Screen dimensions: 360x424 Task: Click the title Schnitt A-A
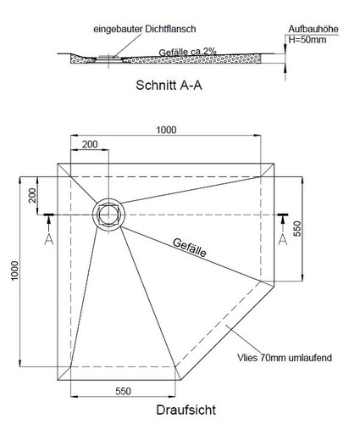click(x=169, y=85)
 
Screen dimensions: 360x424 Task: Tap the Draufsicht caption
click(x=186, y=410)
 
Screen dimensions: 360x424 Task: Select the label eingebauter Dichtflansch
click(x=145, y=29)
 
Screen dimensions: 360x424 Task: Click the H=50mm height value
click(x=307, y=40)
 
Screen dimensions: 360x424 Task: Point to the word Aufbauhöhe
click(x=313, y=29)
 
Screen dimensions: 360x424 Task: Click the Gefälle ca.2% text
click(x=187, y=52)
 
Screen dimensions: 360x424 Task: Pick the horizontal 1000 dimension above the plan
click(x=166, y=130)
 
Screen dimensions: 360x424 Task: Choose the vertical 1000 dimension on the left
click(x=14, y=271)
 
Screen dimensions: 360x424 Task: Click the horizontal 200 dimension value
click(x=90, y=144)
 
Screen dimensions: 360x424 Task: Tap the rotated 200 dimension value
click(x=32, y=195)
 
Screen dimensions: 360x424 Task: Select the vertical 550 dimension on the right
click(x=297, y=229)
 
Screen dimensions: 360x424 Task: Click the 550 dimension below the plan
click(x=123, y=391)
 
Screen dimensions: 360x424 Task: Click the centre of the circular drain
click(x=108, y=215)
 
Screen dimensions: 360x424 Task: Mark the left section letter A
click(x=49, y=239)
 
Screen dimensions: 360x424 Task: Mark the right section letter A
click(x=283, y=239)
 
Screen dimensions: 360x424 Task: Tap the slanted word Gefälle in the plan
click(x=189, y=248)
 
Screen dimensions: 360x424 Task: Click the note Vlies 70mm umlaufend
click(x=285, y=358)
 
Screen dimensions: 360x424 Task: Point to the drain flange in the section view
click(x=108, y=58)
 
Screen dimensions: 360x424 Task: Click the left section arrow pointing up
click(x=49, y=224)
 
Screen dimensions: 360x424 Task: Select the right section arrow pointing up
click(x=283, y=224)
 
